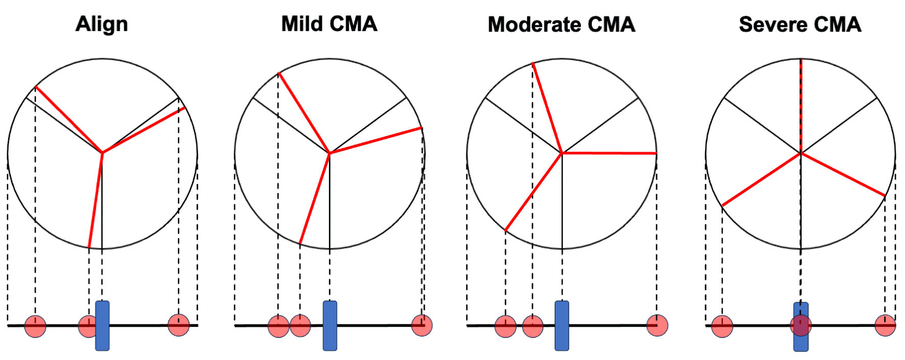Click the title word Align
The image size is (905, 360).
coord(102,25)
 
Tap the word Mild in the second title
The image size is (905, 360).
coord(303,24)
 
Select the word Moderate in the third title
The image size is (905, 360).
coord(533,25)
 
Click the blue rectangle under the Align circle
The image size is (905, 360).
coord(103,326)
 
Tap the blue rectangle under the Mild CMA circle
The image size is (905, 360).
coord(330,326)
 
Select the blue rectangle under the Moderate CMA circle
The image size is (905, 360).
coord(562,326)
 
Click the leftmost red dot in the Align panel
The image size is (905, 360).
coord(35,326)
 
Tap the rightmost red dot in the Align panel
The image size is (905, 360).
coord(179,325)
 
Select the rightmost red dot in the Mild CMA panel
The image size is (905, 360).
coord(422,325)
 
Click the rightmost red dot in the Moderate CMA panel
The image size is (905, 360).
coord(657,325)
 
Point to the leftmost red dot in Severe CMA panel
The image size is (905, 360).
coord(722,326)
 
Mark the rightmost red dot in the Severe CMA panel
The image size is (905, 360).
coord(885,325)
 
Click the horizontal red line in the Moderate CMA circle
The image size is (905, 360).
coord(609,153)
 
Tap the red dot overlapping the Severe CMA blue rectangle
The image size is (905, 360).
coord(801,325)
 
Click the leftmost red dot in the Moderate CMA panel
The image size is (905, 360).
coord(506,326)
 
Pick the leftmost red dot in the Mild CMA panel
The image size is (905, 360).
coord(278,326)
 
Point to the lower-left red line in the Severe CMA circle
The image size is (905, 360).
coord(761,179)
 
